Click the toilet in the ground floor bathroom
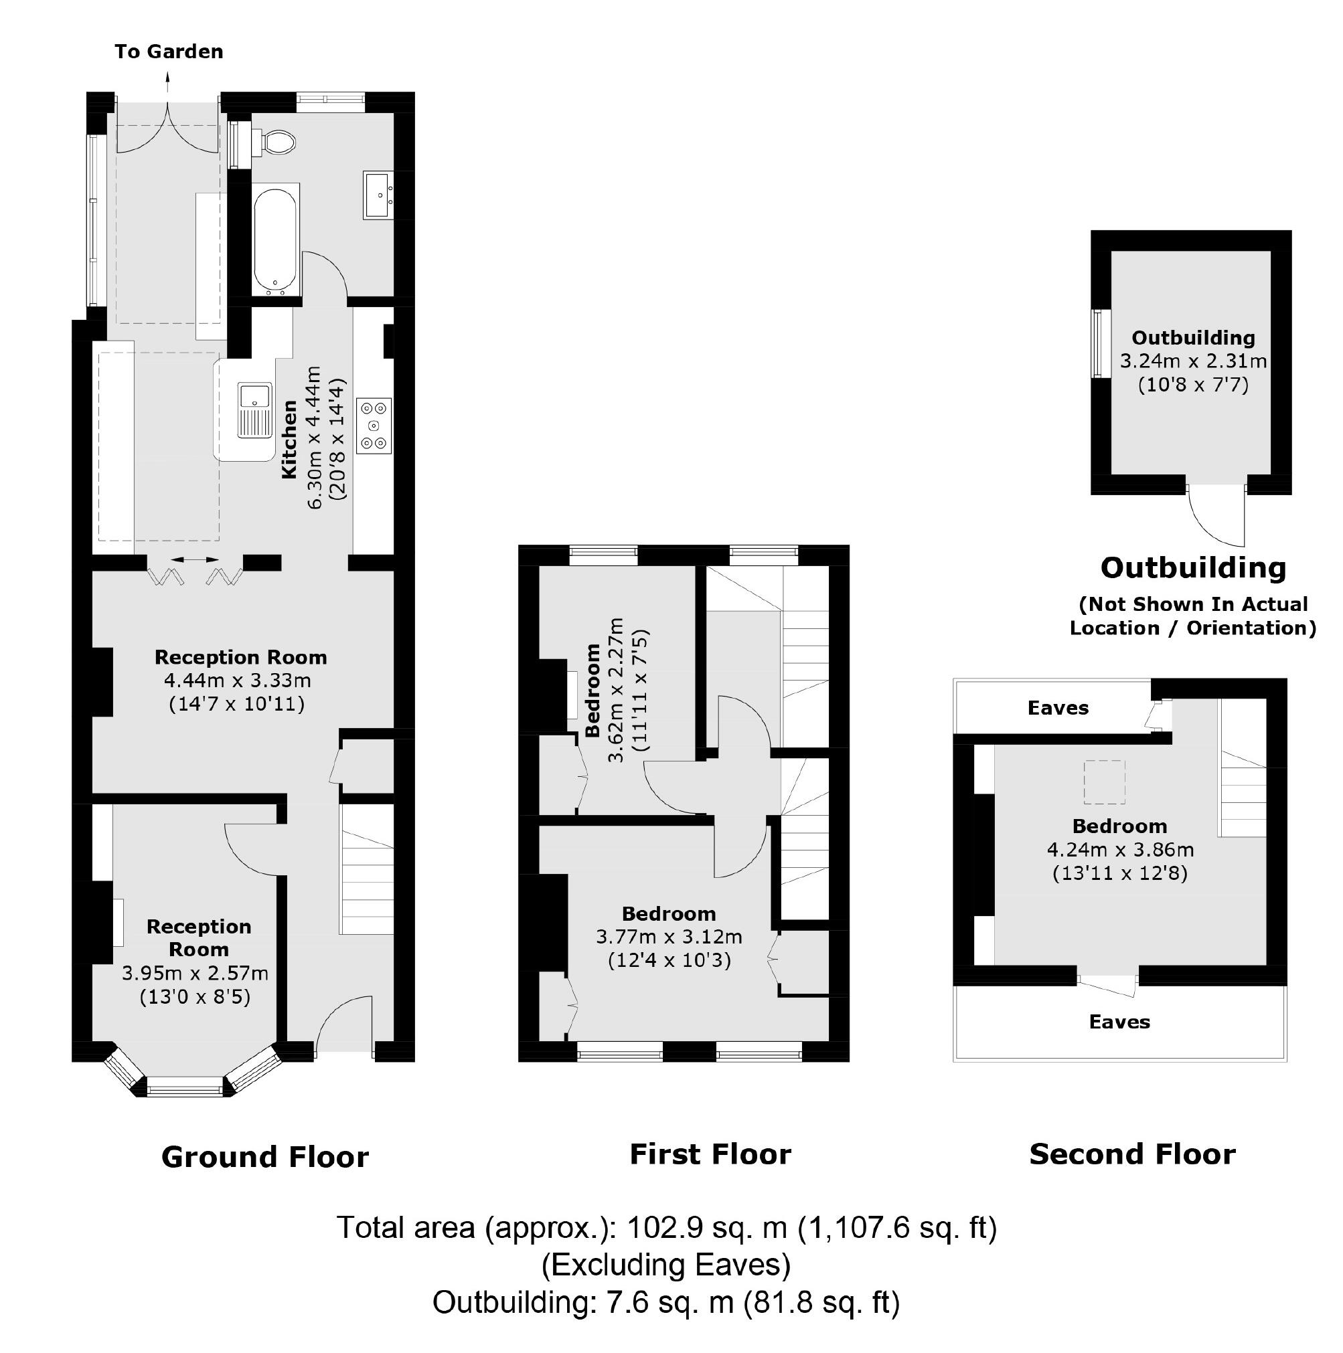pos(278,142)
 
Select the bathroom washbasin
pos(379,195)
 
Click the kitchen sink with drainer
pos(254,410)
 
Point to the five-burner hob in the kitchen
pos(374,426)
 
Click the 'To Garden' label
pos(169,52)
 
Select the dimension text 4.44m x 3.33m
pos(238,680)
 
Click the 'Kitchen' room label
pos(289,440)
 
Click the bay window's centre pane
pos(185,1086)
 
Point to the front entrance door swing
pos(343,1024)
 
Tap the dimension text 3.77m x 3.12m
pos(669,936)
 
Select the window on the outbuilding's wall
pos(1099,344)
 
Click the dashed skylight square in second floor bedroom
pos(1104,782)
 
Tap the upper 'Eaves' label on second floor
pos(1058,708)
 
